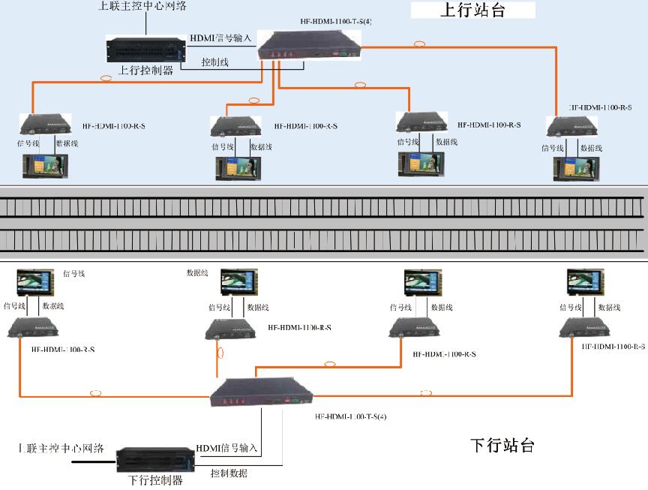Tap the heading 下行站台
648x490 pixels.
502,445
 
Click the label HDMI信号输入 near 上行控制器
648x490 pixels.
220,38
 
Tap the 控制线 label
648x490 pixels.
215,62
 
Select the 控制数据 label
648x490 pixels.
229,473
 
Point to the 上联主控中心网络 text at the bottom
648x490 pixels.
61,449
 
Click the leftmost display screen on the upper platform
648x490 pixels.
44,166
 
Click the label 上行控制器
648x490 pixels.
145,71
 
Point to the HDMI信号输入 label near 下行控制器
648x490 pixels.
226,448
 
